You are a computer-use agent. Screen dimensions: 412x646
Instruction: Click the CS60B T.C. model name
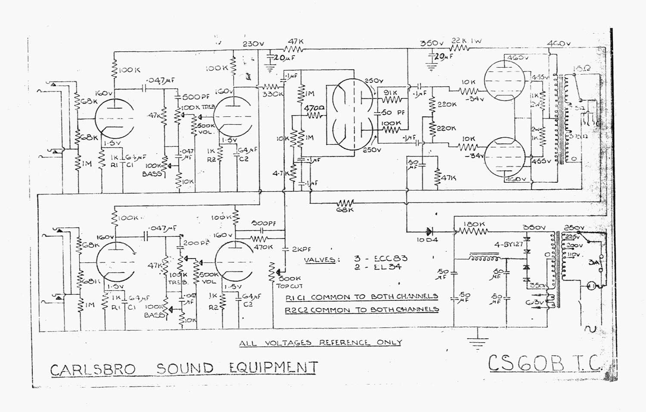coord(545,364)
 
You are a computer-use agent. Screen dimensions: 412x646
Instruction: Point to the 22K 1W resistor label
coord(466,41)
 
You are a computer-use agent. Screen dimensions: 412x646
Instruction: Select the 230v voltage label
coord(253,44)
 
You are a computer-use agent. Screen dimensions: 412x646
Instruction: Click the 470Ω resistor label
coord(314,109)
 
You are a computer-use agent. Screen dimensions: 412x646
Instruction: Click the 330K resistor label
coord(273,94)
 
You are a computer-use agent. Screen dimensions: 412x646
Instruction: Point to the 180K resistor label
coord(475,224)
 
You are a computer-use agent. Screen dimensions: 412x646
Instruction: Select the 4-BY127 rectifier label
coord(508,244)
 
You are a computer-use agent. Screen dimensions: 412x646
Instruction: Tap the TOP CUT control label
coord(289,286)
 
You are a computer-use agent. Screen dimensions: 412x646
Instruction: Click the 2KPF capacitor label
coord(301,250)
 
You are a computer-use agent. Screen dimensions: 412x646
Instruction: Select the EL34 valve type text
coord(382,267)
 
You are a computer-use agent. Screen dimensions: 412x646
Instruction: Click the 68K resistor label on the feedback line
coord(345,210)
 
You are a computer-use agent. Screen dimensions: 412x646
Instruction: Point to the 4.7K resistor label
coord(281,174)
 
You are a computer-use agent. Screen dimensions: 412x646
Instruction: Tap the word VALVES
coord(320,260)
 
